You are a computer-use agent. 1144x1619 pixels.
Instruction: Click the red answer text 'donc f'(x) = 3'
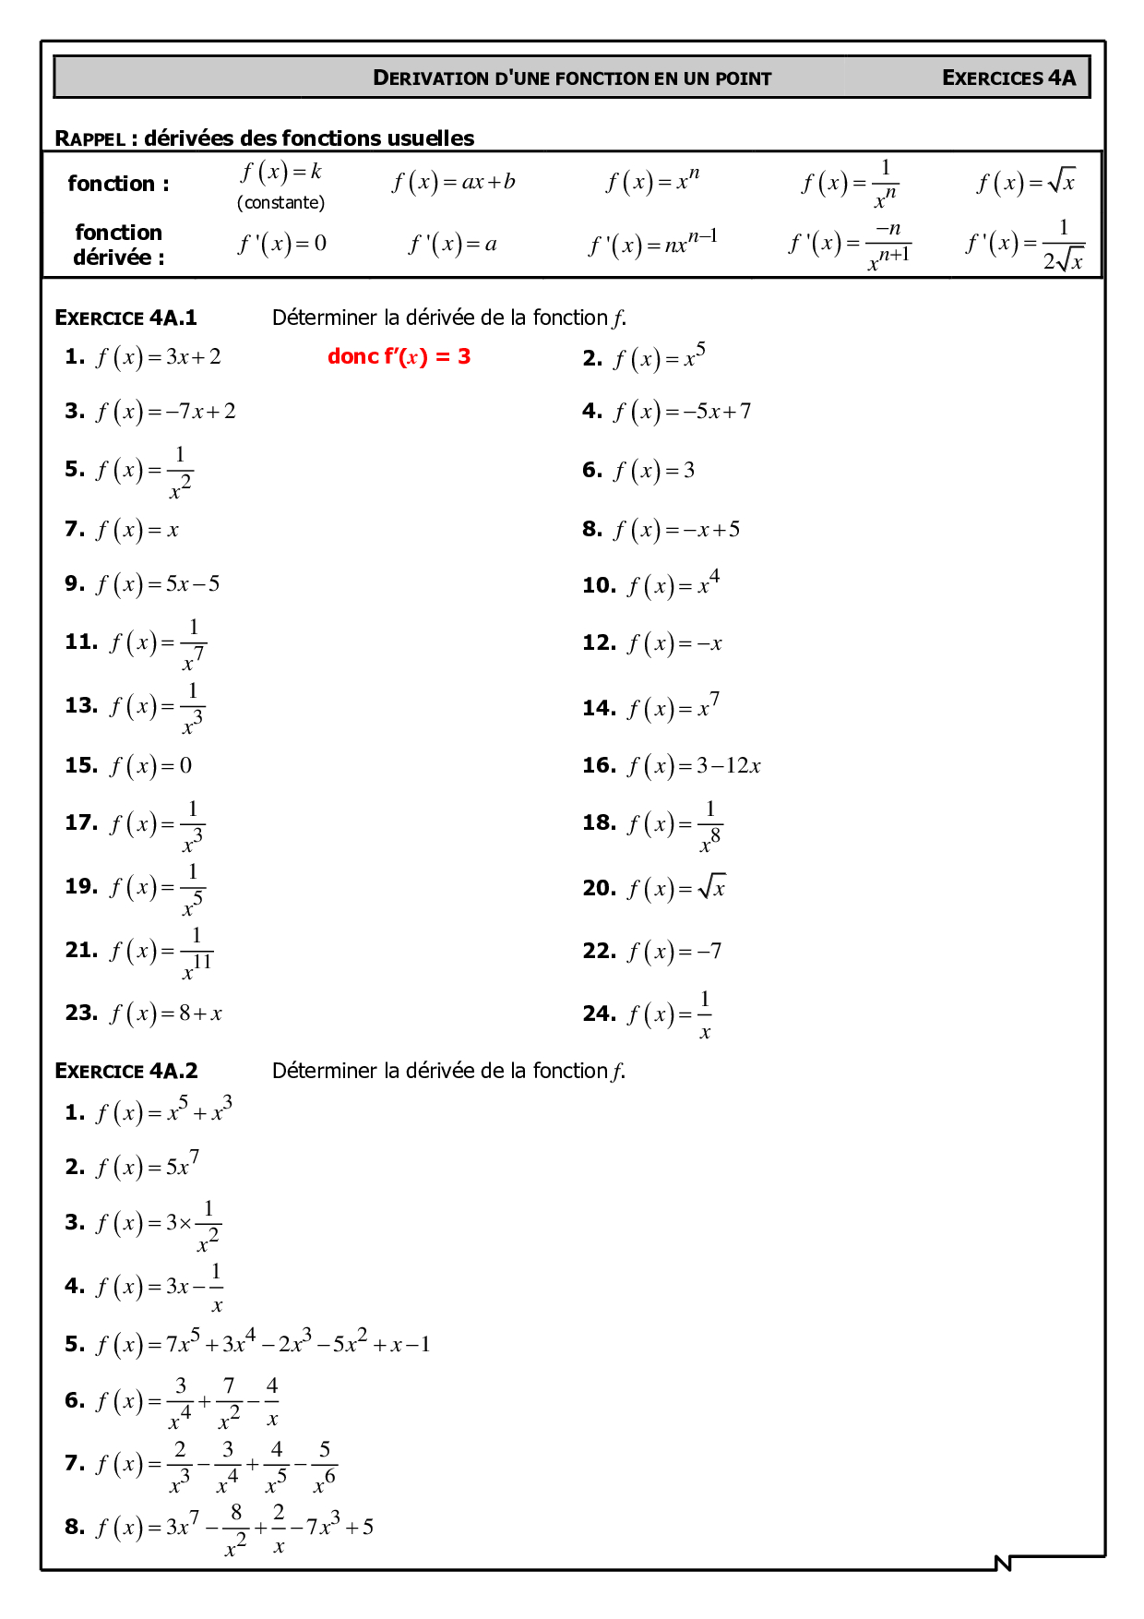(x=399, y=356)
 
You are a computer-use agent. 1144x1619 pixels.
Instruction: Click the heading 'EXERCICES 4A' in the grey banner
(x=1008, y=78)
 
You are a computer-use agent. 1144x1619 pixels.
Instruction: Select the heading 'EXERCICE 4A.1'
(x=125, y=318)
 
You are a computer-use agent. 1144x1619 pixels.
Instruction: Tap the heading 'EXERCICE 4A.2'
(x=125, y=1071)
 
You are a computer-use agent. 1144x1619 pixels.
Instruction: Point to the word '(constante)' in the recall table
(x=280, y=202)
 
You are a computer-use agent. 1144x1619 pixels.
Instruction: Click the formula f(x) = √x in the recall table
(x=1026, y=181)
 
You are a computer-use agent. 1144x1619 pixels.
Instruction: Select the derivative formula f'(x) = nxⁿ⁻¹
(x=653, y=243)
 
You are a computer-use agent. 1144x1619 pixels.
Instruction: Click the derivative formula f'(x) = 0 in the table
(x=282, y=244)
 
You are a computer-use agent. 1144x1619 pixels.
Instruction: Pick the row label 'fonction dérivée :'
(x=118, y=245)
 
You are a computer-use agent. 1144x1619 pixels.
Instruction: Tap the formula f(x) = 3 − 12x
(x=694, y=766)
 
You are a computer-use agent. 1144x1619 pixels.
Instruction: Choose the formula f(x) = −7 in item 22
(x=674, y=951)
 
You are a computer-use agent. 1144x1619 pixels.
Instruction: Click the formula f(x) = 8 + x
(x=166, y=1013)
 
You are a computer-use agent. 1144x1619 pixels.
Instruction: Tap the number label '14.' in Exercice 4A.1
(x=599, y=708)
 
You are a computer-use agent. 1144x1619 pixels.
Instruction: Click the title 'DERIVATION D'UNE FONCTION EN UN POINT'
(x=572, y=78)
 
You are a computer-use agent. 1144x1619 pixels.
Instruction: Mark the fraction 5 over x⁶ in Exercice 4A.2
(x=324, y=1465)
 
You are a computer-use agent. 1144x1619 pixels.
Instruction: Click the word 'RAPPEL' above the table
(x=89, y=138)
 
